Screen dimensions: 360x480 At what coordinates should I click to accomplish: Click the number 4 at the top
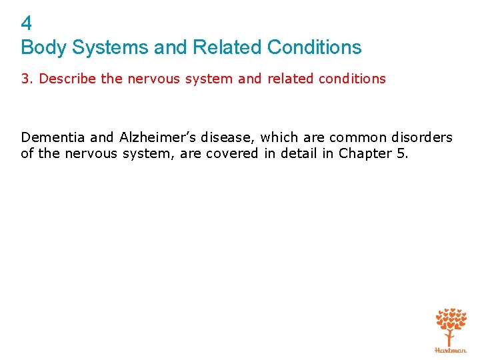[26, 25]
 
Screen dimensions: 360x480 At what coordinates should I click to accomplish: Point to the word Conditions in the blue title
[314, 48]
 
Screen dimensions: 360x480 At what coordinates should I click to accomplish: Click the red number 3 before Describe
[25, 79]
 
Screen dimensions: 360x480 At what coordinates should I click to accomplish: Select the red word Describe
[68, 79]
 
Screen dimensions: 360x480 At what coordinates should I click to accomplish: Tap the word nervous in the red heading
[149, 79]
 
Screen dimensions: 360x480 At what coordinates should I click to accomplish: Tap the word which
[279, 137]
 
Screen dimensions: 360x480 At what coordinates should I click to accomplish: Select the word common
[356, 137]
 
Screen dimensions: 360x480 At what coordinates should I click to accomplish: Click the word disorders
[421, 137]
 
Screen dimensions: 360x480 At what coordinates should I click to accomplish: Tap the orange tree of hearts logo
[451, 326]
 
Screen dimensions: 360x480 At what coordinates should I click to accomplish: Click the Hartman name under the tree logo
[451, 349]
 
